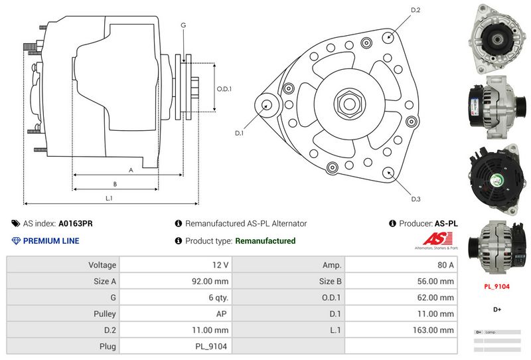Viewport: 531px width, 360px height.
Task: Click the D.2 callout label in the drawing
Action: (x=416, y=10)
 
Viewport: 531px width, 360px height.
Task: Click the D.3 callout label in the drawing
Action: (x=416, y=199)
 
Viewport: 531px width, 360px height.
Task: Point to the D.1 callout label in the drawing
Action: (x=240, y=133)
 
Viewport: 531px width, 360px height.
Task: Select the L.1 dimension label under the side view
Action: (x=109, y=198)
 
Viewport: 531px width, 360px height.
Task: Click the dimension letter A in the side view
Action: (x=130, y=170)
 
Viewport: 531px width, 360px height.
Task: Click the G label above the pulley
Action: (x=183, y=25)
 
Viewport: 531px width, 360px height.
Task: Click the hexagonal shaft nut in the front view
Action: (x=348, y=103)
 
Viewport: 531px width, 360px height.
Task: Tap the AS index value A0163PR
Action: (x=76, y=224)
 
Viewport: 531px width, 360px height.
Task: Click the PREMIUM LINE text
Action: (x=51, y=240)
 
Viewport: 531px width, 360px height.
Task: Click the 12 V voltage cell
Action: (x=221, y=265)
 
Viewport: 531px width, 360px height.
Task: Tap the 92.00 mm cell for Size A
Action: (x=210, y=281)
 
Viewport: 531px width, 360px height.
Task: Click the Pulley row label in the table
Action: (x=106, y=314)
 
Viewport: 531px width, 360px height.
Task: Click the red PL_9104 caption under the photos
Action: (x=496, y=286)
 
